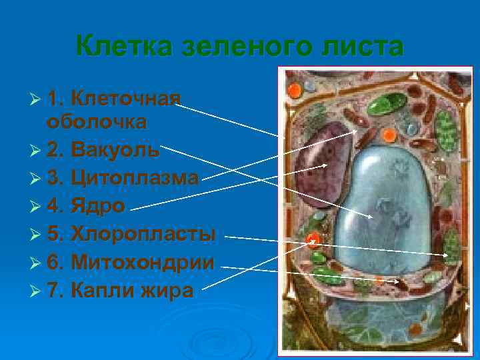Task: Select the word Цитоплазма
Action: coord(135,178)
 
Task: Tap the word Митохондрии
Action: coord(142,263)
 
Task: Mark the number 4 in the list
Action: coord(54,207)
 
